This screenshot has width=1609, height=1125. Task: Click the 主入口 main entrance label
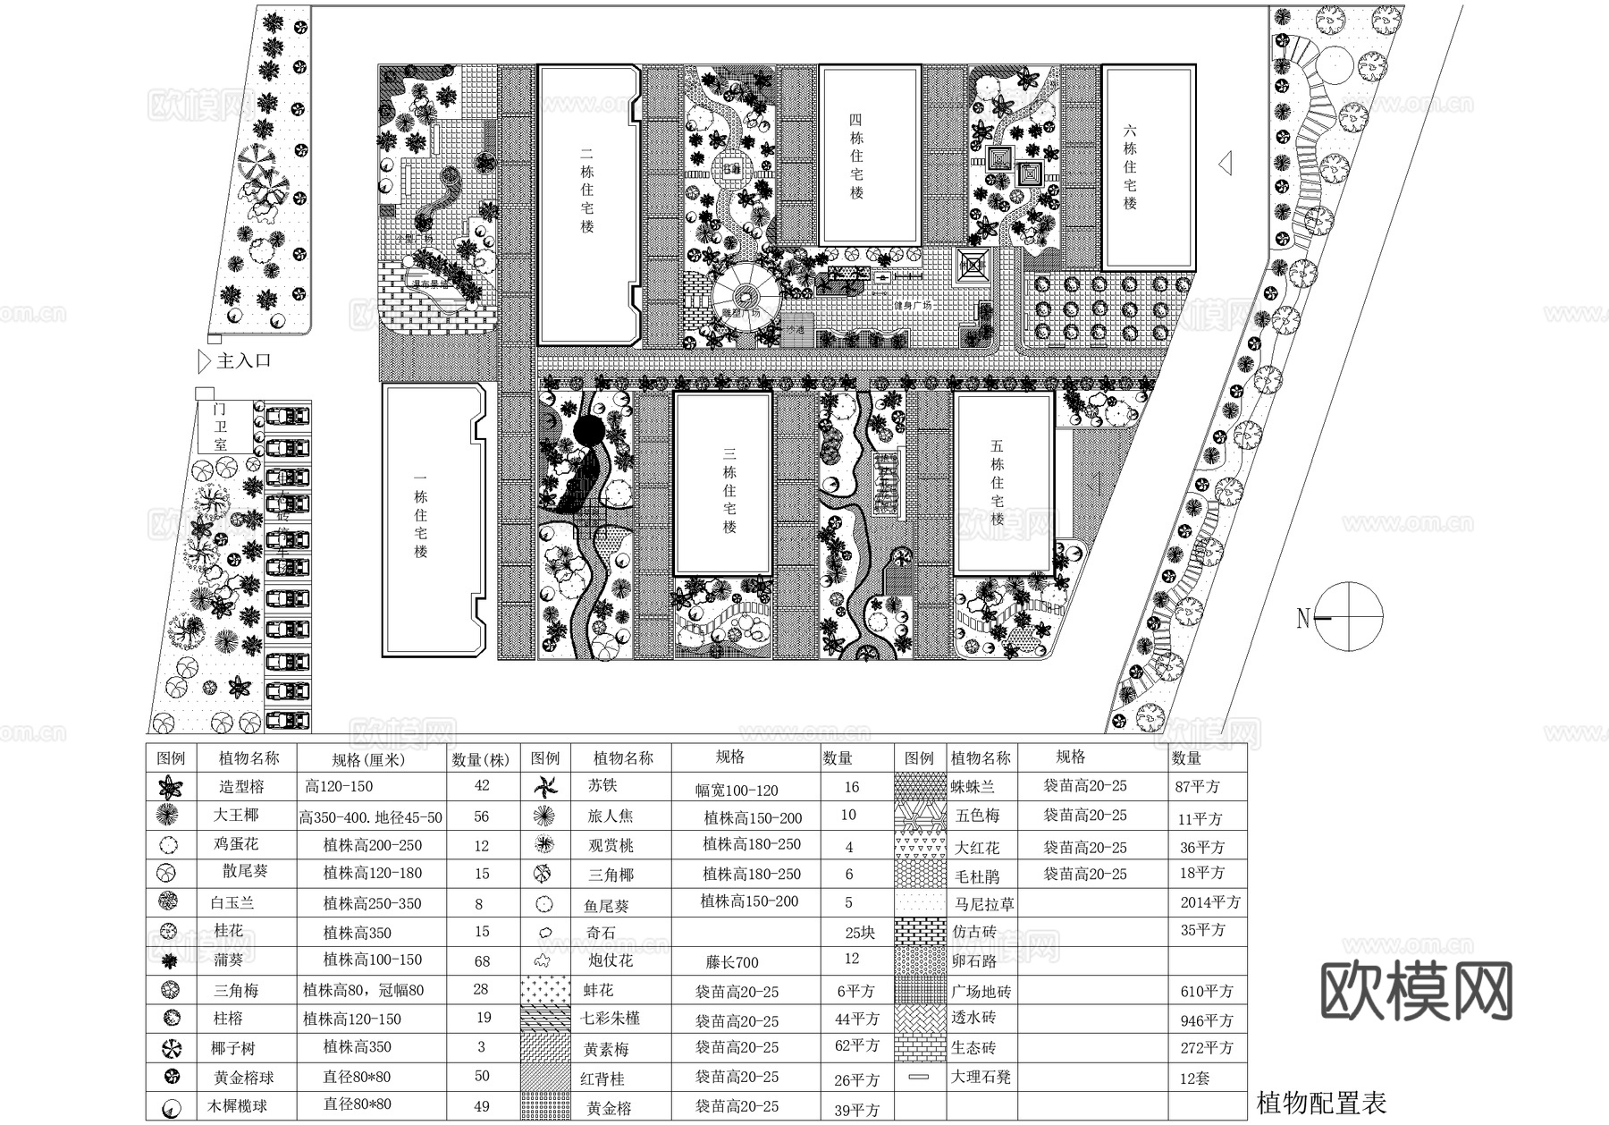point(243,361)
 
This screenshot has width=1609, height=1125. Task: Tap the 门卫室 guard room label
point(221,427)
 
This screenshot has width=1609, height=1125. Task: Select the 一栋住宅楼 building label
point(421,523)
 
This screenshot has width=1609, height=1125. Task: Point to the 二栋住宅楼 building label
point(587,198)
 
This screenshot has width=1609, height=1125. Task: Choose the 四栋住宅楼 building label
point(856,156)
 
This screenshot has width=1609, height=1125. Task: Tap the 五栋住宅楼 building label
point(998,482)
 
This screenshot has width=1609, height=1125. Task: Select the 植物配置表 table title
point(1321,1103)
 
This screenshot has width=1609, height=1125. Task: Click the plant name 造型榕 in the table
point(242,787)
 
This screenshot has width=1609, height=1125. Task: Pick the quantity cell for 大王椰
point(482,816)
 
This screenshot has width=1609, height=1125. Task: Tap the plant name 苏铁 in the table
point(602,786)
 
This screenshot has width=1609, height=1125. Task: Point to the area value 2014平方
point(1209,902)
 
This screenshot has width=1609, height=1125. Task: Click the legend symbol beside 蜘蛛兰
point(919,787)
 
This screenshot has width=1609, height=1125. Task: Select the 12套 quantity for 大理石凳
point(1194,1078)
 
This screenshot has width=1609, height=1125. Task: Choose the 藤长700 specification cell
point(732,962)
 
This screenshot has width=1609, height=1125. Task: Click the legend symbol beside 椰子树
point(171,1048)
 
